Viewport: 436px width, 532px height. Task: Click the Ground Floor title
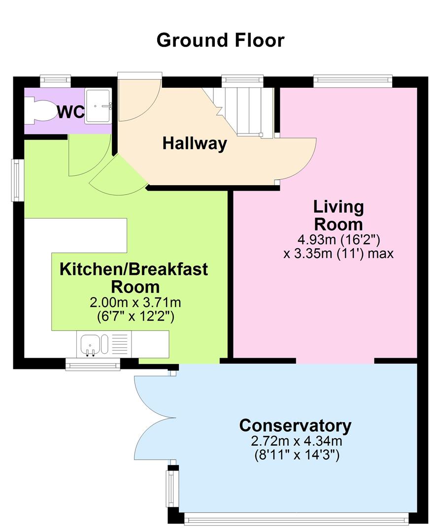pos(220,40)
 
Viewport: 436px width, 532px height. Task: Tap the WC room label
pos(70,112)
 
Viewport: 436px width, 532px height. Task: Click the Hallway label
pos(195,144)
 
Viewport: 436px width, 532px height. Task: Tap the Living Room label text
pos(338,215)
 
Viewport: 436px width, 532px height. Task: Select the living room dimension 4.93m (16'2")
pos(338,241)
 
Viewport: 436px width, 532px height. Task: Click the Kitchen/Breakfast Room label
pos(134,278)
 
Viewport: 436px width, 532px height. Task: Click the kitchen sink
pos(90,343)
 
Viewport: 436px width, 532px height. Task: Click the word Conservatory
pos(295,425)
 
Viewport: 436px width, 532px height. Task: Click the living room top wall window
pos(353,80)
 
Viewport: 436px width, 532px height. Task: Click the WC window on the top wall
pos(55,80)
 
